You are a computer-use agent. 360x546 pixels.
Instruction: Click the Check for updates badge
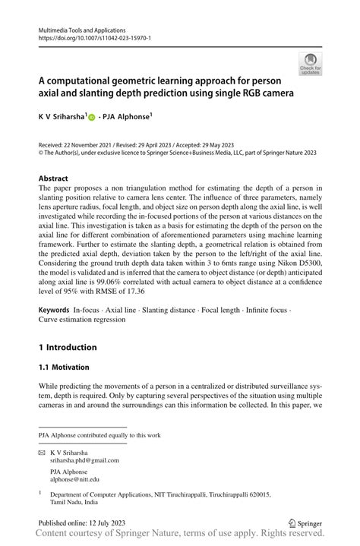(310, 63)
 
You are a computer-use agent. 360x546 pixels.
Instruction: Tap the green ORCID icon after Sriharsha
(92, 118)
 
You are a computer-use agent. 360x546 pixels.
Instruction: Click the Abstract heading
(58, 179)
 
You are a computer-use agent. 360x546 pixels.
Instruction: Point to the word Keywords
(54, 311)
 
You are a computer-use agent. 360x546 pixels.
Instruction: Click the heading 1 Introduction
(68, 347)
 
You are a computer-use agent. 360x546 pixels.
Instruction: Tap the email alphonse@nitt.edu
(74, 479)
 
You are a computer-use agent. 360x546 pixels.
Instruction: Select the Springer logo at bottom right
(305, 523)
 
